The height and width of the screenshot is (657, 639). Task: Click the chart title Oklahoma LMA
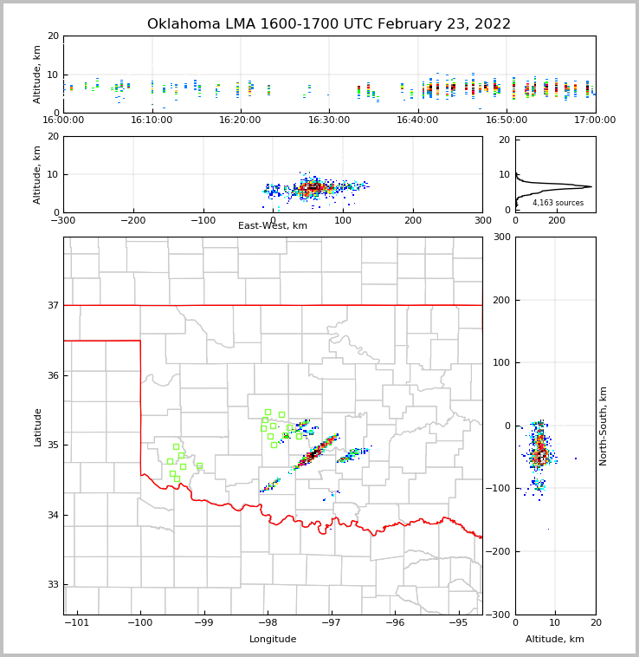coord(329,24)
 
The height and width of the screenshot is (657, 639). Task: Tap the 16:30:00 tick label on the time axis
coord(329,120)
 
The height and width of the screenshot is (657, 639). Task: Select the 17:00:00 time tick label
coord(595,120)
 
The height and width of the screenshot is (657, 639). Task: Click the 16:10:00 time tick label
coord(152,120)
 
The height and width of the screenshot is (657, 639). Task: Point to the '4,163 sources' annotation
coord(558,203)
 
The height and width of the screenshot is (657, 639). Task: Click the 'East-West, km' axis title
coord(273,226)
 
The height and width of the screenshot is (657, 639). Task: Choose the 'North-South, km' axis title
coord(603,426)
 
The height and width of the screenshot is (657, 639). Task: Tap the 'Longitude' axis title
coord(273,640)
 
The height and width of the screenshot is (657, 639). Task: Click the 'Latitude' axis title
coord(37,426)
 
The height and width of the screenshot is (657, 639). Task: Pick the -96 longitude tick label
coord(395,622)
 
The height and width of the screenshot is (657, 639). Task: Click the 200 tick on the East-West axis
coord(413,220)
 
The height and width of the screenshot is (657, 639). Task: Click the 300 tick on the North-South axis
coord(501,237)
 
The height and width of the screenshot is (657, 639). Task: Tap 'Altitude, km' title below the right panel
coord(555,640)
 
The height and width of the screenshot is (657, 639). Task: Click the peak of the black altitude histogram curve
coord(591,186)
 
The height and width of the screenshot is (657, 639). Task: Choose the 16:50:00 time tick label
coord(507,120)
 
